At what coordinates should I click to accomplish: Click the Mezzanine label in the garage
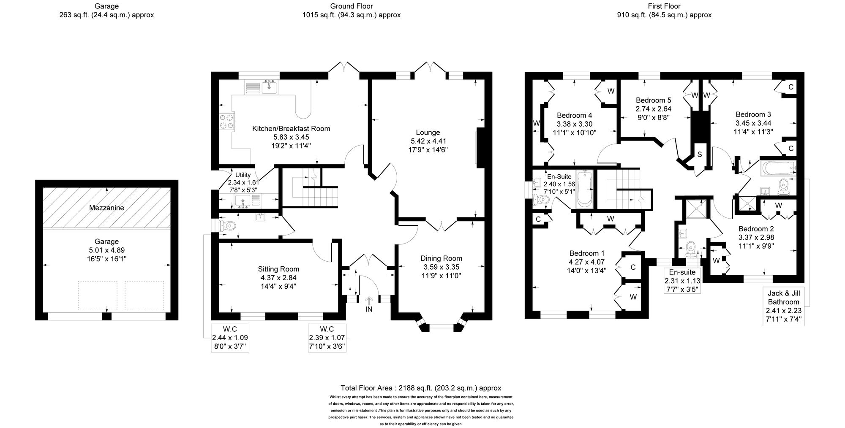coord(106,208)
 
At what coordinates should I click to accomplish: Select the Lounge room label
coord(428,133)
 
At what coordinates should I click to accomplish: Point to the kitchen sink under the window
coord(269,87)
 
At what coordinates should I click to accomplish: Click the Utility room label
coord(243,175)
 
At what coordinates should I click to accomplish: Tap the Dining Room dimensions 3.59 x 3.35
coord(441,267)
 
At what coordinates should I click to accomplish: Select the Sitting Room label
coord(278,269)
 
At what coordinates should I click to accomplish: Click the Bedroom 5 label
coord(653,100)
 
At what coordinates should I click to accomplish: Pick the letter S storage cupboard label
coord(699,155)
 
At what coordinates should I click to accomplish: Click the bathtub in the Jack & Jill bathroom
coord(778,168)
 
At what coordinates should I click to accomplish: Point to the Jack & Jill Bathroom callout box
coord(784,306)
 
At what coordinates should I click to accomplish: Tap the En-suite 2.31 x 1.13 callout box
coord(682,281)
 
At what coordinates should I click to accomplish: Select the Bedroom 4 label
coord(574,115)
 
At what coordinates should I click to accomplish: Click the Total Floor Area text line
coord(421,388)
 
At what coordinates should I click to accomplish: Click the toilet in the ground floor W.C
coord(227,225)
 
